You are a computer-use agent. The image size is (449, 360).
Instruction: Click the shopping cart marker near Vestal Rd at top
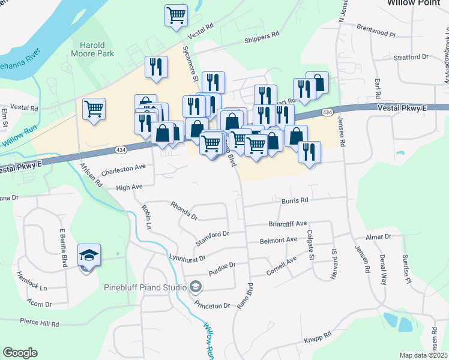coord(176,16)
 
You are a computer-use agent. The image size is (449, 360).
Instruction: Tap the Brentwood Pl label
coord(376,31)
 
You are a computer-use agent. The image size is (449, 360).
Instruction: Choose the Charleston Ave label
coord(124,170)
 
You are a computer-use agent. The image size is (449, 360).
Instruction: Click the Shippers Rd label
coord(262,35)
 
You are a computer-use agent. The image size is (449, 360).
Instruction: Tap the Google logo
coord(20,353)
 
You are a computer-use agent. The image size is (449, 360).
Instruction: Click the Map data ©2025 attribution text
coord(423,355)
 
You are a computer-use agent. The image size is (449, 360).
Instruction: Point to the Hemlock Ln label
coord(32,280)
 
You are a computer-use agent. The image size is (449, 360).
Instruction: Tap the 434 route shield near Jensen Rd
coord(327,112)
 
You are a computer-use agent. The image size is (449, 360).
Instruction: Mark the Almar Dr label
coord(378,238)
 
